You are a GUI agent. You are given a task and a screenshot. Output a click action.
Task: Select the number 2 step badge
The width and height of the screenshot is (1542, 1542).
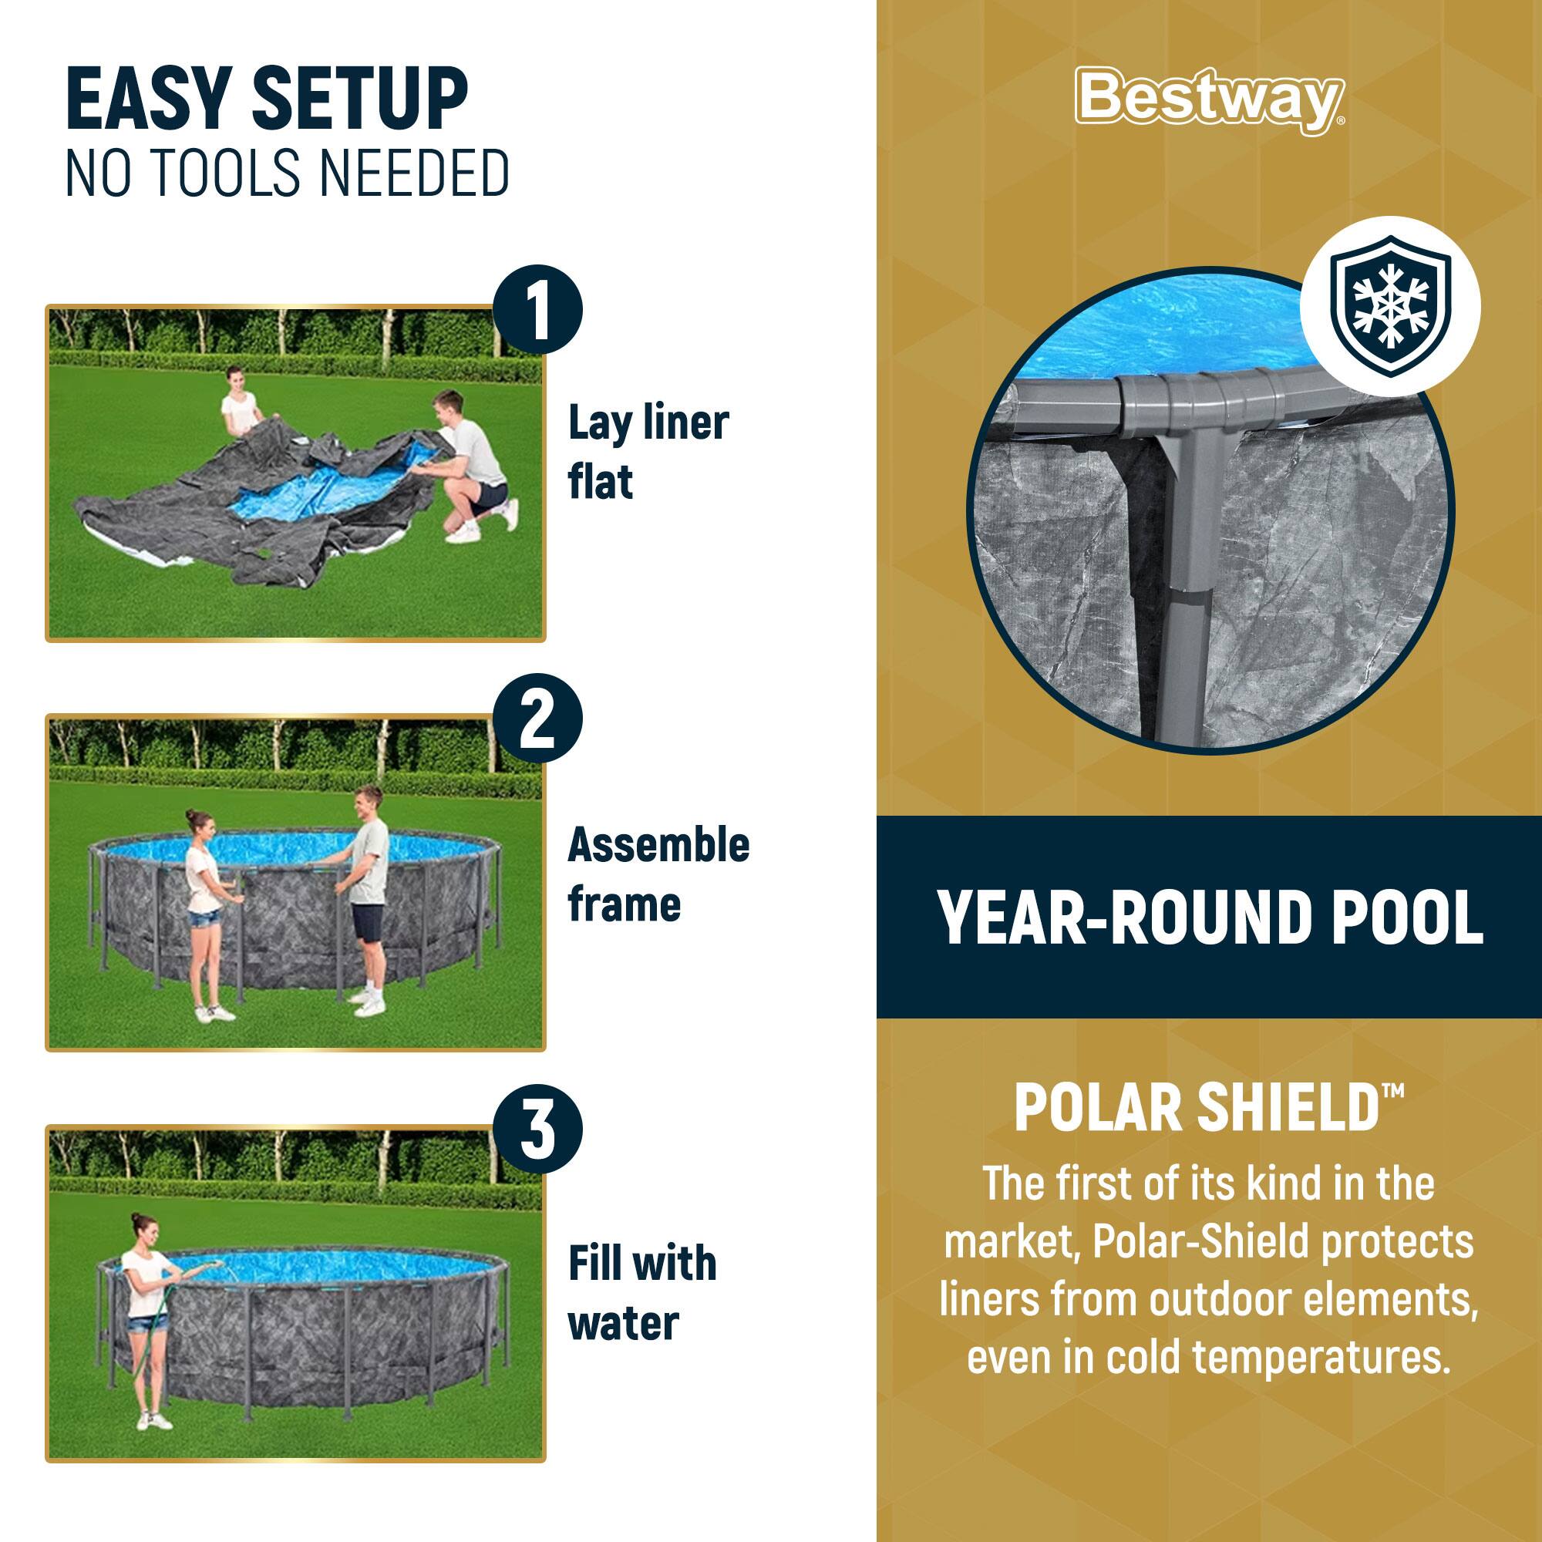pos(538,720)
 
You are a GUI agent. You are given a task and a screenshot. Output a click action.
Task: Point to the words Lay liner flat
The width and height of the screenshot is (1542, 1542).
pos(648,453)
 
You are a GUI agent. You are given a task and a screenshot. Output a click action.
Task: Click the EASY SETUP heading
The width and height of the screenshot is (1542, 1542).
pos(267,101)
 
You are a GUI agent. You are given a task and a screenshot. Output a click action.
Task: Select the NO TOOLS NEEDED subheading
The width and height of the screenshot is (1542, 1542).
pos(288,173)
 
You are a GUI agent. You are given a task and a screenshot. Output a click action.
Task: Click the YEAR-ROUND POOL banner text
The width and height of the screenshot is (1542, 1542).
pos(1210,917)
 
